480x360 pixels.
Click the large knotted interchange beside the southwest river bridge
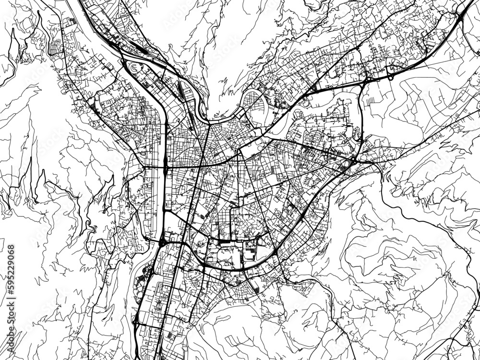pyautogui.click(x=162, y=242)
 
